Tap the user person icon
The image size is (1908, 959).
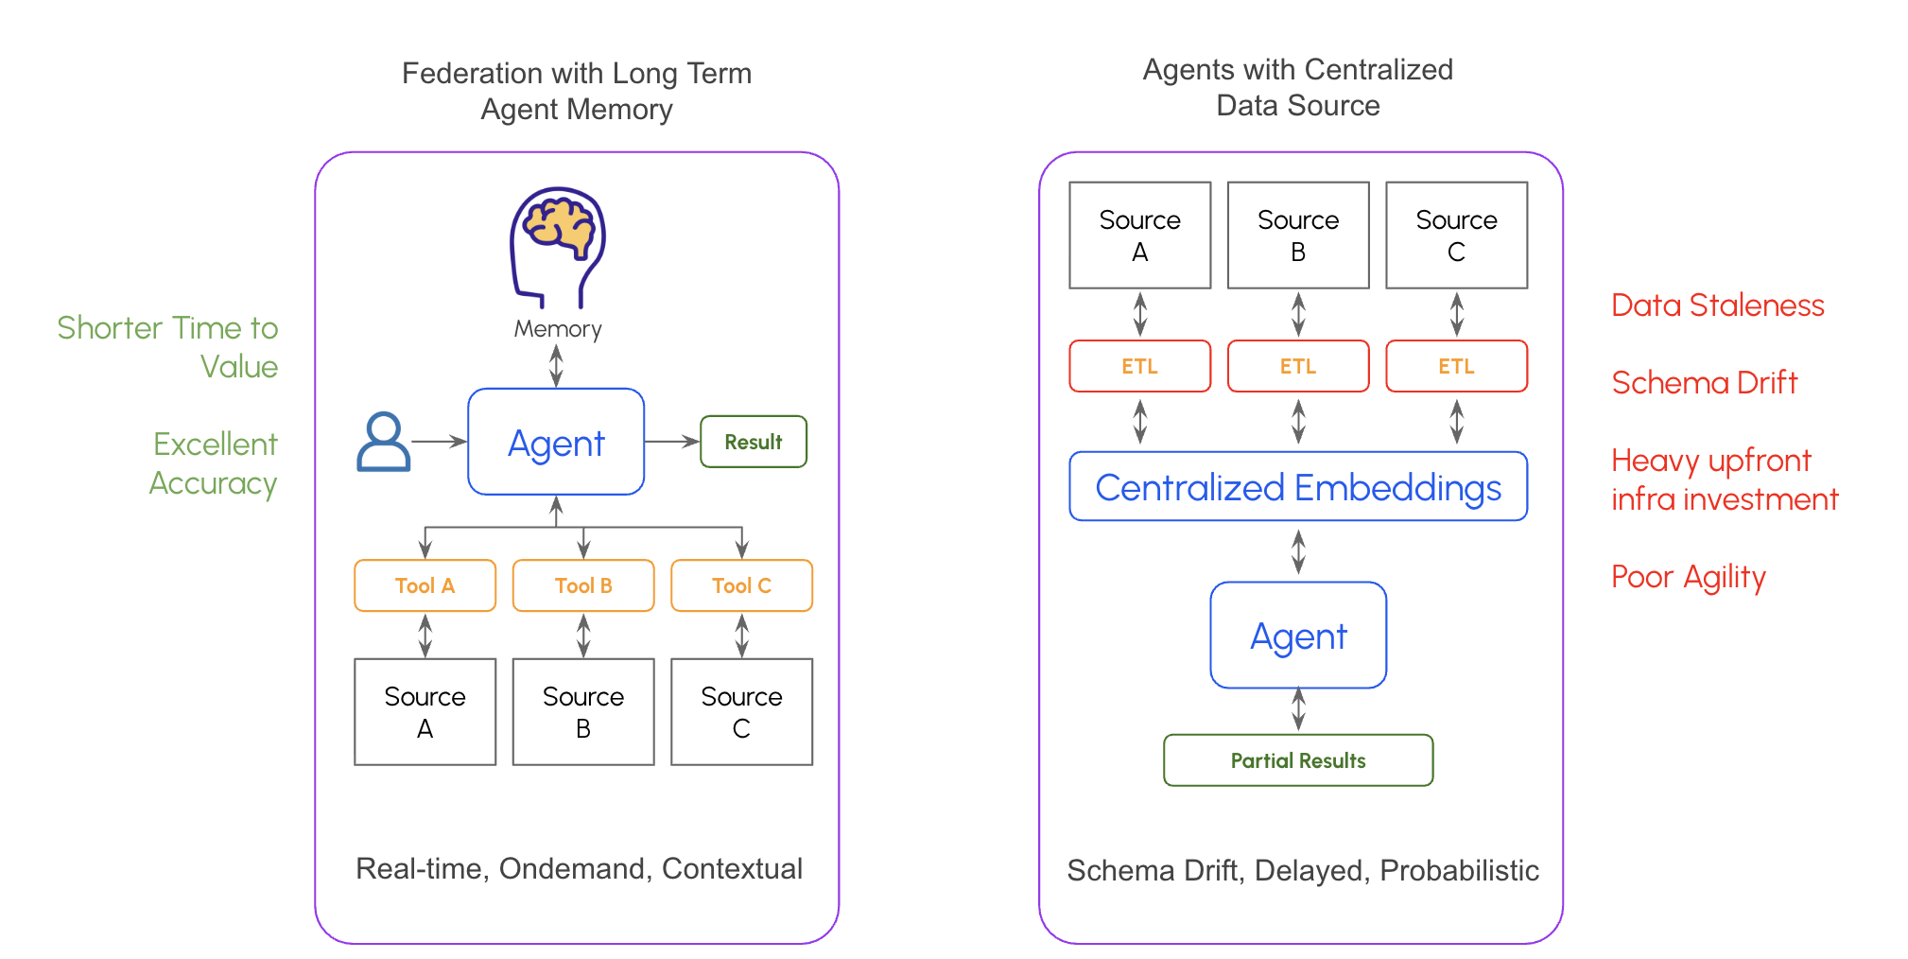(383, 442)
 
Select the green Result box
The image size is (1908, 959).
(753, 442)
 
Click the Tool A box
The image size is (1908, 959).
(425, 585)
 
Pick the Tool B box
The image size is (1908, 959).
(583, 585)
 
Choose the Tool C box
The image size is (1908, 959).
(741, 585)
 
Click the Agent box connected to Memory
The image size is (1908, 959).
(556, 442)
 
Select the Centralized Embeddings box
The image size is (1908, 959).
(1297, 487)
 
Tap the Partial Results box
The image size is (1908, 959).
(1297, 760)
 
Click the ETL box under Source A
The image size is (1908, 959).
(1139, 366)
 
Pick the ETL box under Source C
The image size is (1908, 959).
(1456, 366)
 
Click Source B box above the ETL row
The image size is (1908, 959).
(1297, 235)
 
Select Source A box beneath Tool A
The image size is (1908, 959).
(425, 711)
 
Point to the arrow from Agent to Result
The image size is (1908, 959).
(672, 442)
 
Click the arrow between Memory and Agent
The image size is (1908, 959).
(556, 365)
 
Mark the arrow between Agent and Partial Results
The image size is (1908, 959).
(1298, 709)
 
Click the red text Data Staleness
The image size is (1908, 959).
(1717, 305)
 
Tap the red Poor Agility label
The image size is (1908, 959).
(1688, 577)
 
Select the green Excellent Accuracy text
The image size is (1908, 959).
(215, 463)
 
